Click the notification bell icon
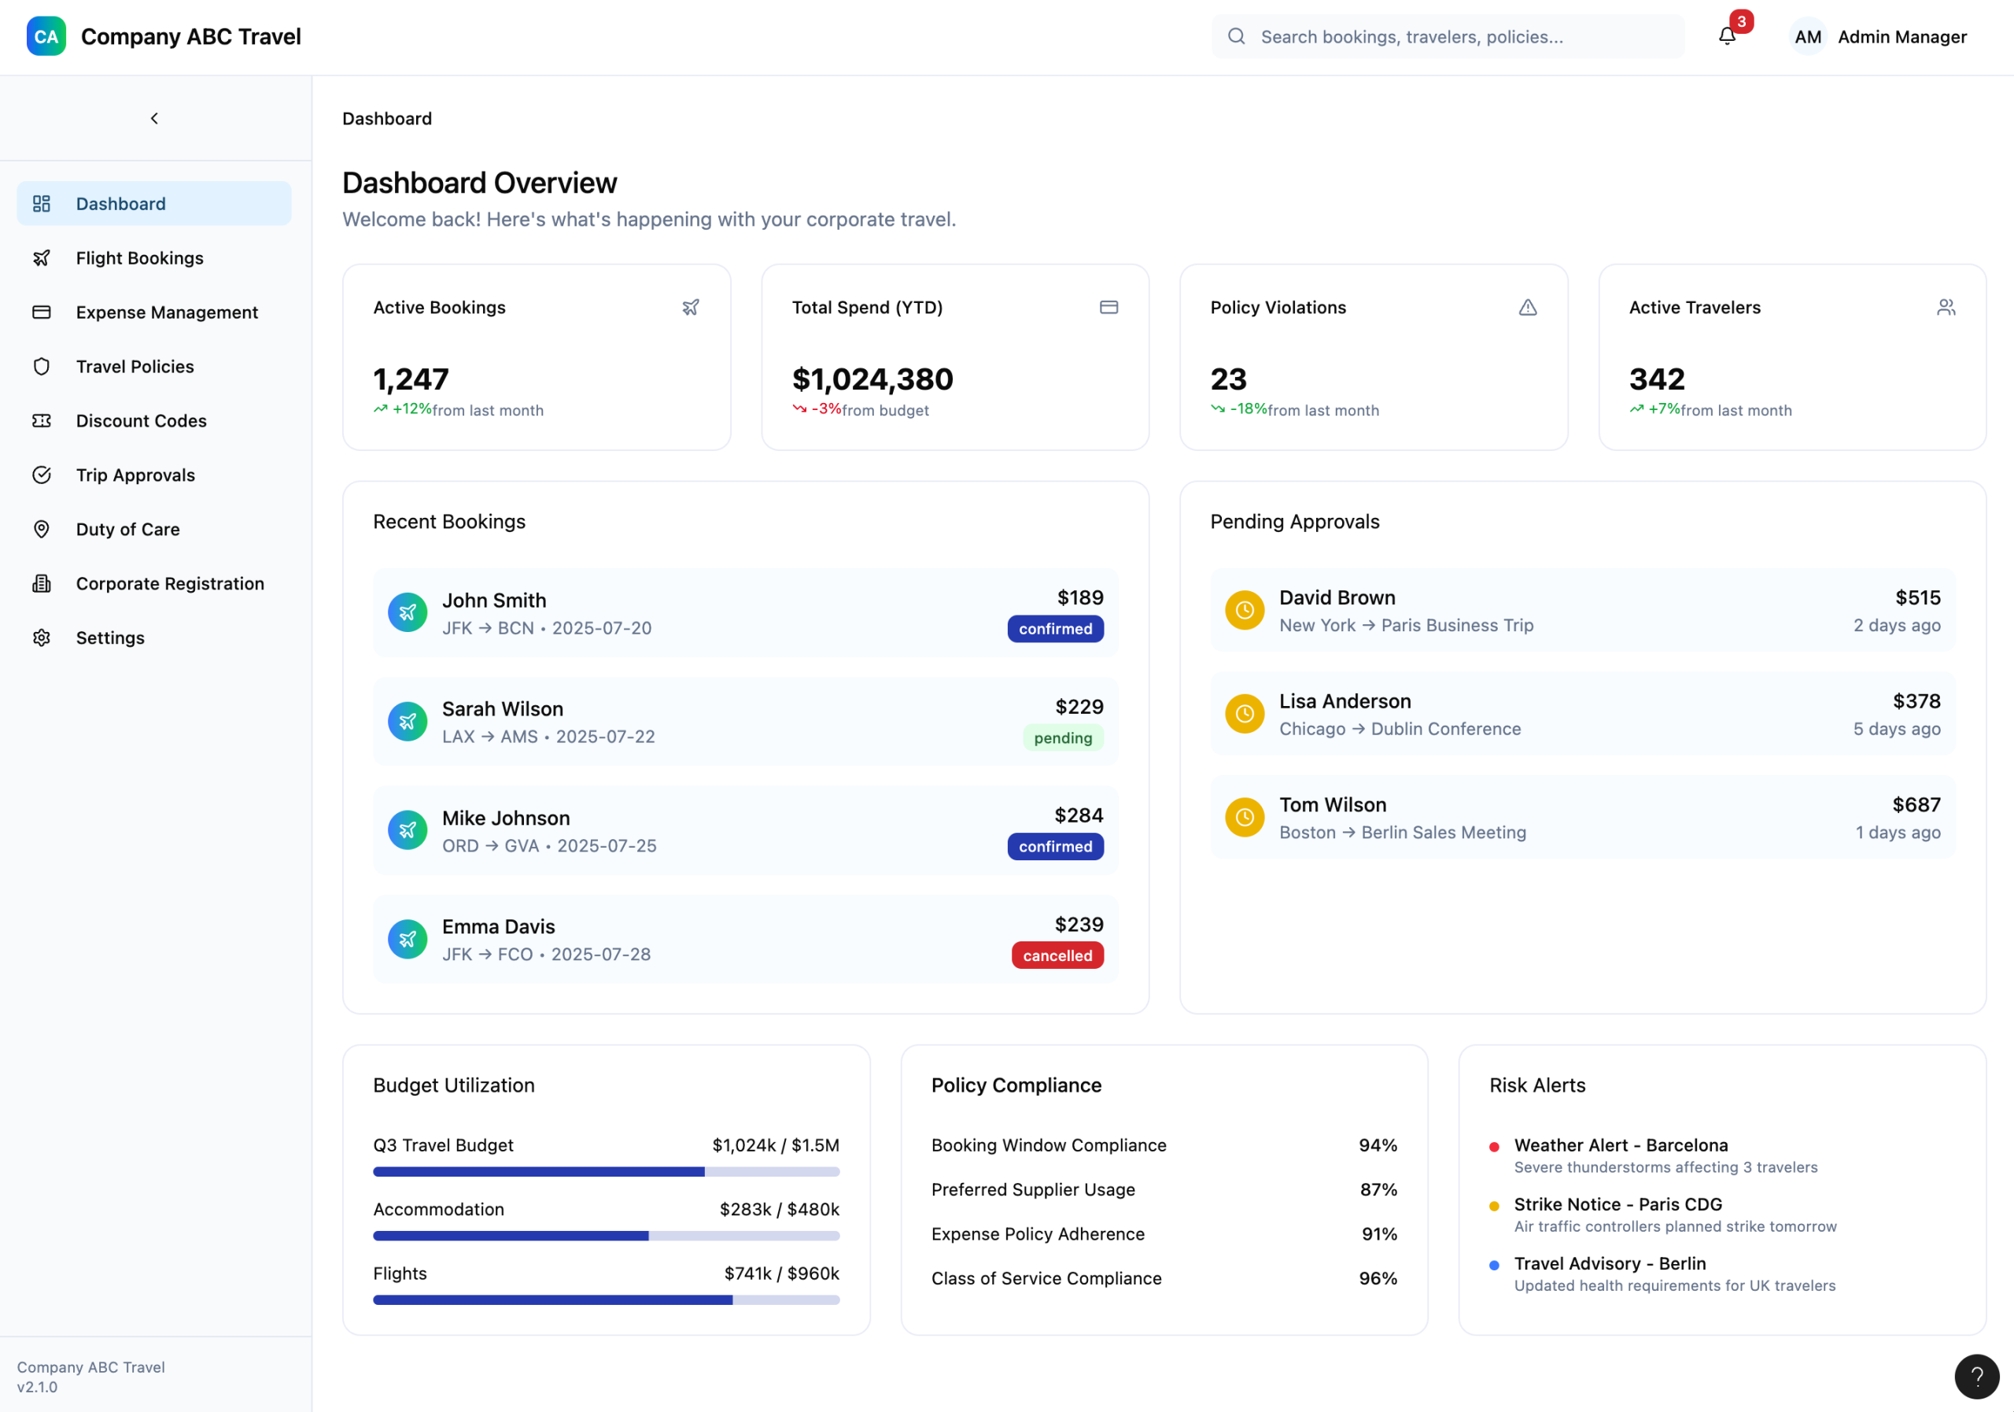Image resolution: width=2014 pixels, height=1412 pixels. coord(1726,36)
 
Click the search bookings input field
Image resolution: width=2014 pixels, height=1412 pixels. coord(1448,37)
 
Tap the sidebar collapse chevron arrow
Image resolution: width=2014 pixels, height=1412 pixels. coord(154,119)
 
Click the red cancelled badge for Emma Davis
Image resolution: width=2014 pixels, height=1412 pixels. coord(1057,956)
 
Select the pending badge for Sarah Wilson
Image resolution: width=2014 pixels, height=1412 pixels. coord(1063,738)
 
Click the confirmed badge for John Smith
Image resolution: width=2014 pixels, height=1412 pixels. coord(1055,629)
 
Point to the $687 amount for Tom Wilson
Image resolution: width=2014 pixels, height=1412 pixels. coord(1916,804)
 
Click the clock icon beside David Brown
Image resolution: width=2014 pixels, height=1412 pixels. coord(1244,610)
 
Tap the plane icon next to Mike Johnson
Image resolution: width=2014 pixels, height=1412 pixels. coord(408,830)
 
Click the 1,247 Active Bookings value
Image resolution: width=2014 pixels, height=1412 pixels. coord(411,379)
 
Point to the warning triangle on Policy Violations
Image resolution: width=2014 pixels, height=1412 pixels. coord(1527,307)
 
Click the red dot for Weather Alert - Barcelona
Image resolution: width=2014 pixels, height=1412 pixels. coord(1494,1147)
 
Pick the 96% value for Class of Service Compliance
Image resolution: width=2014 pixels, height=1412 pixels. coord(1378,1279)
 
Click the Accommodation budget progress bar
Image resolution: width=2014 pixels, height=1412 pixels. coord(606,1236)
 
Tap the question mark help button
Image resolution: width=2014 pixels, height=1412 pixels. coord(1976,1376)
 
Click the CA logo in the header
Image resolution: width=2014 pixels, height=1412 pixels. coord(46,37)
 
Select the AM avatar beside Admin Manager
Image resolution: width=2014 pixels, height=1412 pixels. coord(1808,37)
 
